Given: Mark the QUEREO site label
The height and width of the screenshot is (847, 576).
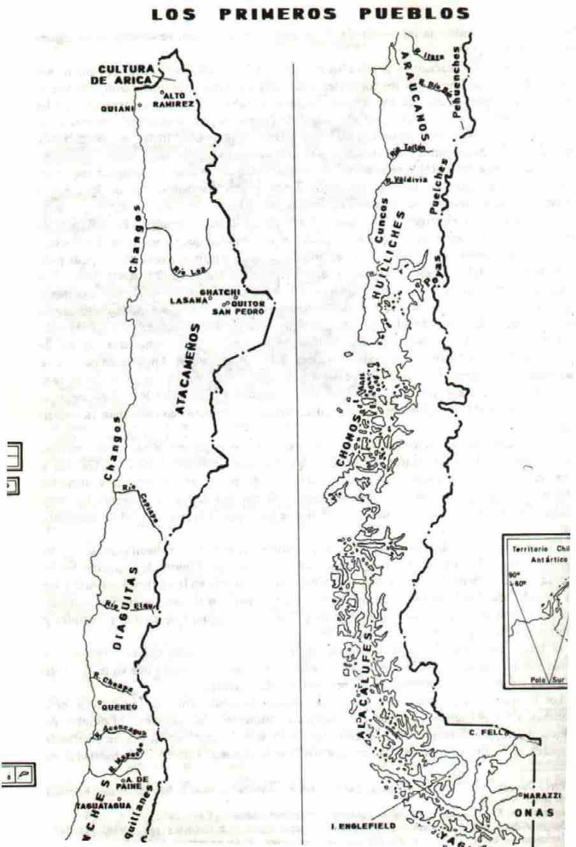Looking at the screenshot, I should tap(119, 707).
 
